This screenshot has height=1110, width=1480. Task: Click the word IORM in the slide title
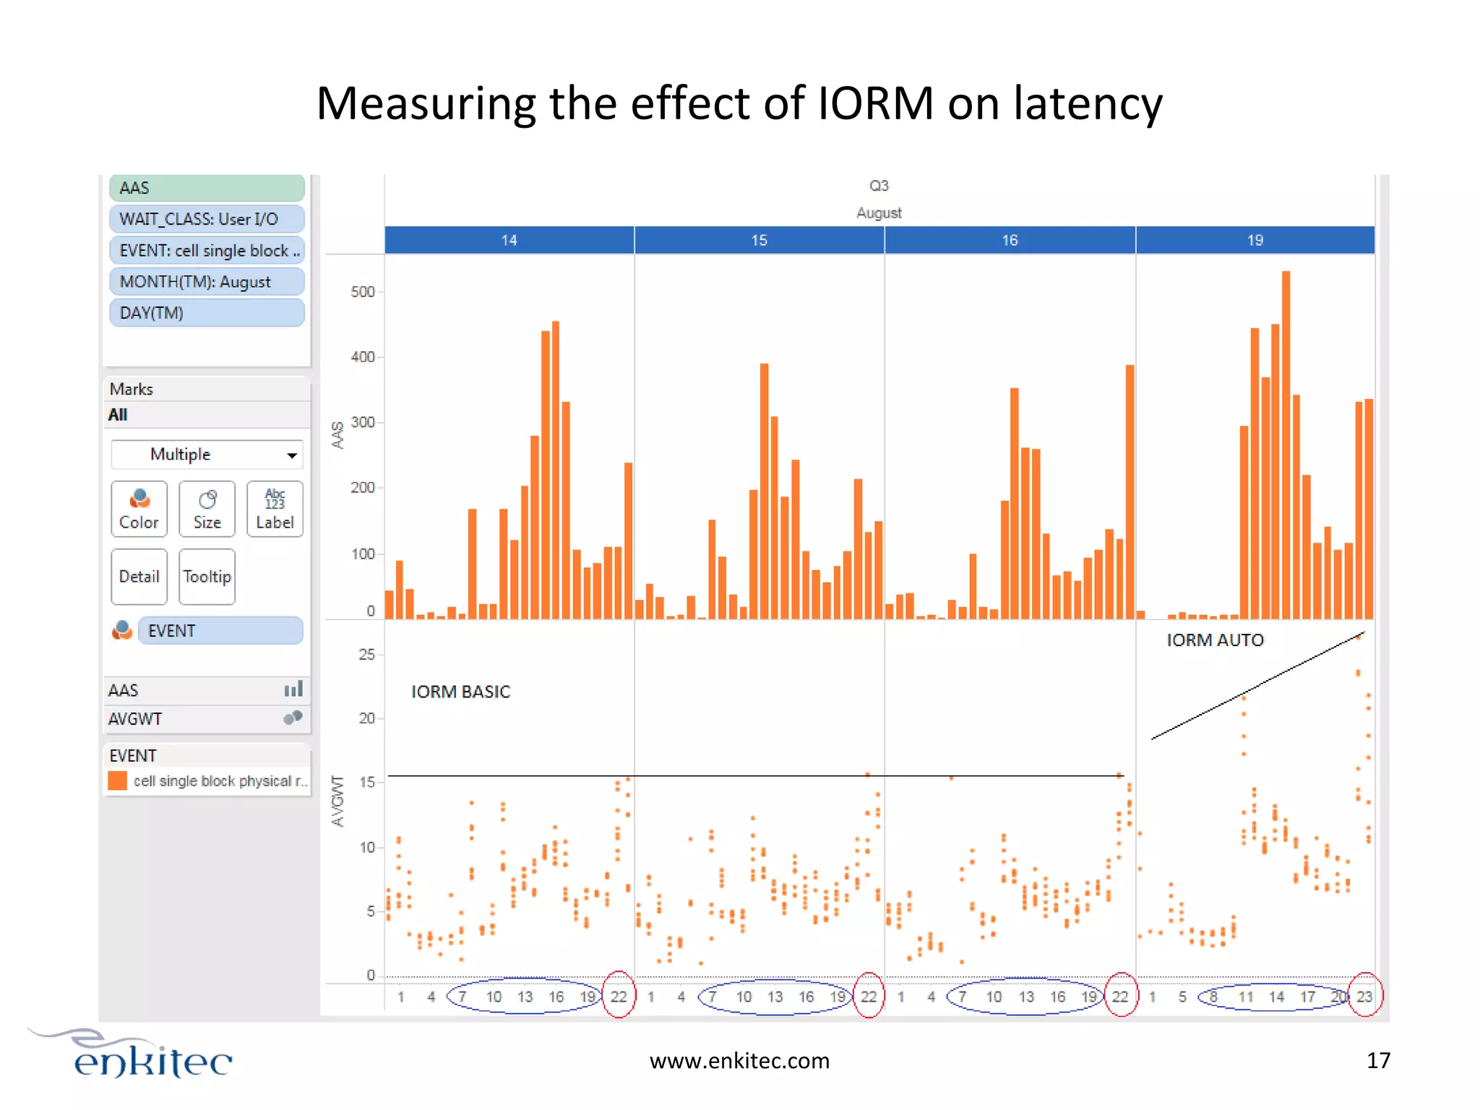(x=875, y=103)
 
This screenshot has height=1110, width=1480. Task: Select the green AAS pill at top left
(x=207, y=188)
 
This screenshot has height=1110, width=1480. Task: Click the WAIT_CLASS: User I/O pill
(x=207, y=219)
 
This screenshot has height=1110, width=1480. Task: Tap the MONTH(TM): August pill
(x=207, y=282)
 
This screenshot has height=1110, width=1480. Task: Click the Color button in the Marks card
(x=139, y=509)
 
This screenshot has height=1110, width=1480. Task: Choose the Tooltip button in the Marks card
(x=207, y=576)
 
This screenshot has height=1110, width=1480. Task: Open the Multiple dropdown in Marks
(x=207, y=455)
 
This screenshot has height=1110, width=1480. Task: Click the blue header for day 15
(x=759, y=240)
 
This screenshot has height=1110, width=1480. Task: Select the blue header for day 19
(x=1255, y=240)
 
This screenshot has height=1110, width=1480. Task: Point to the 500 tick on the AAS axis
(x=363, y=292)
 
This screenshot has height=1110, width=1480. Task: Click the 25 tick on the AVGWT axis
(x=366, y=655)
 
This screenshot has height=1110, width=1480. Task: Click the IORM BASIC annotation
(x=460, y=692)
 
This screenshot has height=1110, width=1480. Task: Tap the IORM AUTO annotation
(x=1215, y=640)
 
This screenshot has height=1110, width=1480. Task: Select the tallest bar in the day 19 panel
(x=1286, y=444)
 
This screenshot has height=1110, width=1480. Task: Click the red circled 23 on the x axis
(x=1364, y=997)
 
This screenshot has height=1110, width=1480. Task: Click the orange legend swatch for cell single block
(x=118, y=780)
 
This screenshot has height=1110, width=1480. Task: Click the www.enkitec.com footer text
(x=739, y=1060)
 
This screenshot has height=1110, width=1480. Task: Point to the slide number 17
(x=1378, y=1060)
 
